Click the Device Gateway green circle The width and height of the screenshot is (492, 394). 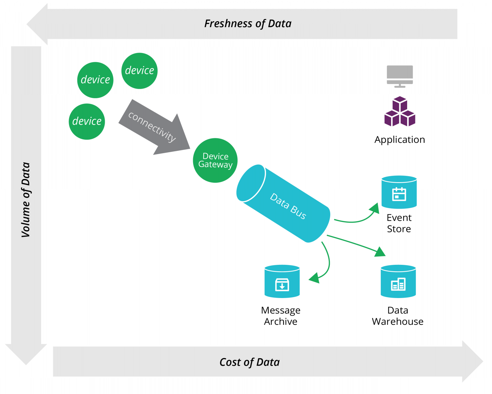215,160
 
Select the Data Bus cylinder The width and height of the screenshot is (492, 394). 283,204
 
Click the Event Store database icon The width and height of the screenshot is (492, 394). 399,192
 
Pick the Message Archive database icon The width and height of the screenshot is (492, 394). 282,281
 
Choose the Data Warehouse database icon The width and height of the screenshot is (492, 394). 398,281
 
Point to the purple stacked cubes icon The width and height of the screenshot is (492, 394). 400,111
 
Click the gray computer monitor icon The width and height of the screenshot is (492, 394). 400,76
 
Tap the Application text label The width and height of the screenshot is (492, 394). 400,140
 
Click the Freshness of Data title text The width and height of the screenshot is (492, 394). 248,24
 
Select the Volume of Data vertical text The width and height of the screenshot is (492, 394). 26,200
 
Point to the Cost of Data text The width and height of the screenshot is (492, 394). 249,362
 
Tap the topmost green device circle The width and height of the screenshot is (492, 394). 140,71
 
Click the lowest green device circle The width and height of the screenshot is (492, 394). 87,122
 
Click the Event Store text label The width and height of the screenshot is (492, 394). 399,223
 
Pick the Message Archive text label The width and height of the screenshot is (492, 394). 281,316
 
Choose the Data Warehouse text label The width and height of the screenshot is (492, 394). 398,316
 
